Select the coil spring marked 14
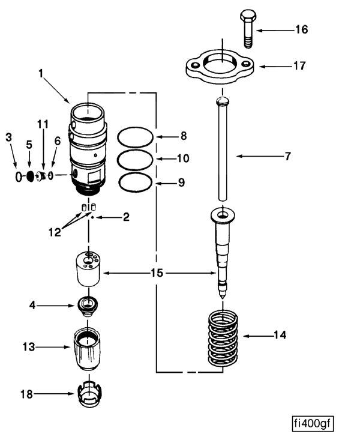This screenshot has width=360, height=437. click(223, 338)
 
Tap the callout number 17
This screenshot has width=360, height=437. click(300, 66)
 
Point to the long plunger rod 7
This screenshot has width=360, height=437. click(223, 148)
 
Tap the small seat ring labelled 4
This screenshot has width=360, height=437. click(89, 306)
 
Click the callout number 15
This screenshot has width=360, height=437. click(157, 273)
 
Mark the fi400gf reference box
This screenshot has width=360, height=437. click(313, 424)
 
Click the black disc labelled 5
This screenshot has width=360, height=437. click(30, 176)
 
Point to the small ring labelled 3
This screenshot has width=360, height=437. click(19, 177)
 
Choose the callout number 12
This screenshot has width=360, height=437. click(55, 232)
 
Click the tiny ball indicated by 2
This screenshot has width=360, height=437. click(92, 217)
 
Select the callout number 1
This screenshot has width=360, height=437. click(41, 74)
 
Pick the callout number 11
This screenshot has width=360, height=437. click(43, 124)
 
